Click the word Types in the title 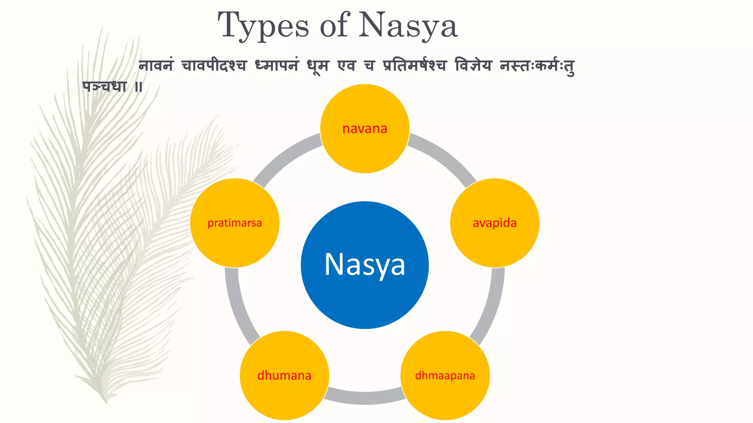263,26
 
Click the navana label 365,129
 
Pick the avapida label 495,223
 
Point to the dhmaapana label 445,376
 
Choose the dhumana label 284,376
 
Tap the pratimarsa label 235,223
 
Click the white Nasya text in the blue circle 365,264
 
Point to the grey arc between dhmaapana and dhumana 365,398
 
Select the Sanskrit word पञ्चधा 104,87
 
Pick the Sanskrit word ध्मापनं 276,65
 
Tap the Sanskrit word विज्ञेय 473,65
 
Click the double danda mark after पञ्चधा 138,87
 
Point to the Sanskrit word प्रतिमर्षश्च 414,65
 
